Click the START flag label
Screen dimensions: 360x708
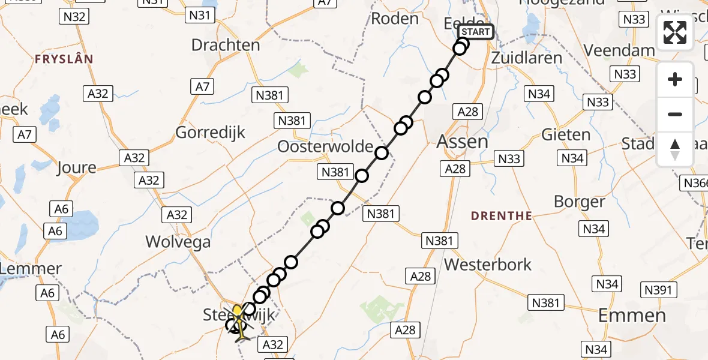pos(476,32)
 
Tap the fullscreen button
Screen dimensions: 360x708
pos(675,32)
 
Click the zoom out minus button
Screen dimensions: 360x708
pos(675,114)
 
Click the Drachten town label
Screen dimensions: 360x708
pos(226,45)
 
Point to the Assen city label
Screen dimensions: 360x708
pos(463,142)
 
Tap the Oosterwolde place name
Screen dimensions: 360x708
pos(325,147)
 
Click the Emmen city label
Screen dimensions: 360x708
pos(632,315)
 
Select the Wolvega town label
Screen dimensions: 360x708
pos(178,242)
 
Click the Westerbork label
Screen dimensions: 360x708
pos(488,264)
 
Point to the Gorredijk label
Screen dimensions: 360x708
pos(211,132)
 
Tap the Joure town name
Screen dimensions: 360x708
pos(76,167)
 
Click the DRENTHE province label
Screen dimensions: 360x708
pos(502,216)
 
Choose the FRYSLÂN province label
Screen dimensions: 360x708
pos(64,59)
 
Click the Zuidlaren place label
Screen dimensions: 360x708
pos(527,58)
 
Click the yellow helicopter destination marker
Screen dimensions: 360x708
pos(238,311)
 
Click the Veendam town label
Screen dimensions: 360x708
pos(620,50)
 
